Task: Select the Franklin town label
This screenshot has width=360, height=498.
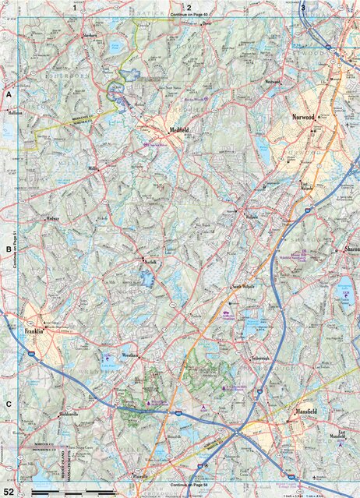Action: [x=34, y=330]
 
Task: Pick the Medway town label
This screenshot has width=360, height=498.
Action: [x=51, y=219]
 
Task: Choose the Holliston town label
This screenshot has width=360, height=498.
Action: [x=16, y=112]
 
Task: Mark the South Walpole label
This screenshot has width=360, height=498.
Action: [x=244, y=287]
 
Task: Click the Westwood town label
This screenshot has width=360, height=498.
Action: [x=272, y=81]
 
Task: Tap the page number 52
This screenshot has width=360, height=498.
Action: [x=9, y=491]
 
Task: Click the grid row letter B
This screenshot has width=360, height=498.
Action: [x=9, y=249]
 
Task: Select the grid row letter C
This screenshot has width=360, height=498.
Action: [x=9, y=404]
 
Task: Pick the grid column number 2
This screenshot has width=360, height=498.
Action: [x=188, y=7]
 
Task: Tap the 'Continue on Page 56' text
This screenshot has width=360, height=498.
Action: [x=190, y=485]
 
